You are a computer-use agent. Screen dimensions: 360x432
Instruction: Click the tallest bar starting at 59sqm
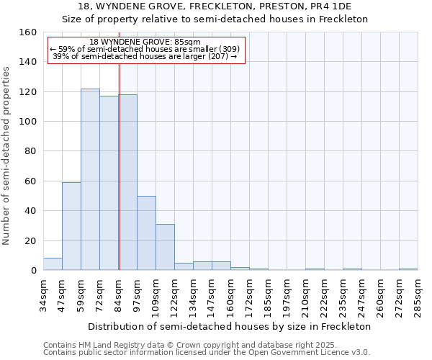click(x=90, y=180)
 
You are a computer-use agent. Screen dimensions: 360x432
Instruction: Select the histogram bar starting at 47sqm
click(x=71, y=227)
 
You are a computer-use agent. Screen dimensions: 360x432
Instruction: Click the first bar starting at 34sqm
click(x=53, y=264)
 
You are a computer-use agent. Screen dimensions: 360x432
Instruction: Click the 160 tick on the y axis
click(x=28, y=32)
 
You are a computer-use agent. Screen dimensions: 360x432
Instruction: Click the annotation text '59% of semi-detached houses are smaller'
click(x=145, y=49)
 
